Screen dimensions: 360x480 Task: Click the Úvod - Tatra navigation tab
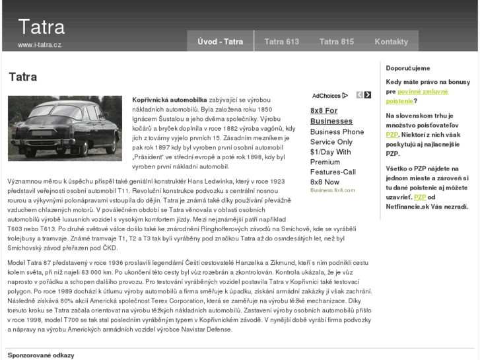[220, 42]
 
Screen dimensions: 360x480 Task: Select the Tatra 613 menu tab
[282, 42]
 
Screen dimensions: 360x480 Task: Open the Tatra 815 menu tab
[337, 42]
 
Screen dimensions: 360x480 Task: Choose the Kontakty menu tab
[391, 42]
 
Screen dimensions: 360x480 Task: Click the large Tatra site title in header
[41, 27]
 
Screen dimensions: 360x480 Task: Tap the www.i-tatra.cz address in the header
[40, 45]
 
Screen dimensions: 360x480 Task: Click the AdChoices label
[326, 96]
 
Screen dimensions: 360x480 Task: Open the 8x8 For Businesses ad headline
[331, 116]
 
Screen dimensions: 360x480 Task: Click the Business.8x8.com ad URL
[332, 190]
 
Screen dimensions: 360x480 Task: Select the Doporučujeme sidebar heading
[408, 68]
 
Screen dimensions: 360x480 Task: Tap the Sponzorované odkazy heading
[41, 355]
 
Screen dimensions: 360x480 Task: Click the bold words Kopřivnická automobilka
[170, 98]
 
